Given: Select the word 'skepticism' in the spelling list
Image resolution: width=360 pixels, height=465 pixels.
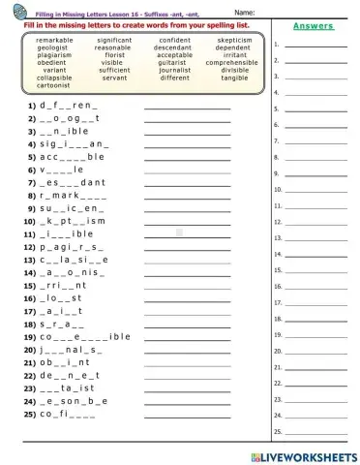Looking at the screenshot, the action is [x=233, y=41].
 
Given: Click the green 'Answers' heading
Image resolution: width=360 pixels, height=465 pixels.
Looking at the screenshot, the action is [x=312, y=26].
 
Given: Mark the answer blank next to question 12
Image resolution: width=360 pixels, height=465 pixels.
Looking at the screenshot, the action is [x=187, y=248].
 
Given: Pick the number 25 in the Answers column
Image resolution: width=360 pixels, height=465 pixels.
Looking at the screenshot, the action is [x=277, y=429].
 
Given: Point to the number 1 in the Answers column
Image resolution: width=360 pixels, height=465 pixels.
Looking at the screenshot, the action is [x=277, y=45].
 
